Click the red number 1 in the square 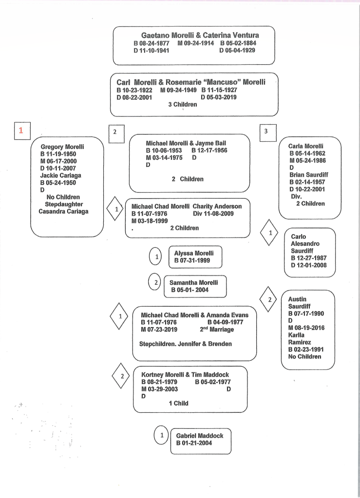[20, 130]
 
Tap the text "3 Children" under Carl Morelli [182, 104]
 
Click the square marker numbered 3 [265, 131]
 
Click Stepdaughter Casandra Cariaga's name [63, 211]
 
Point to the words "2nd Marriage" [217, 330]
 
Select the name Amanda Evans [227, 315]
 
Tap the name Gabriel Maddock [200, 436]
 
